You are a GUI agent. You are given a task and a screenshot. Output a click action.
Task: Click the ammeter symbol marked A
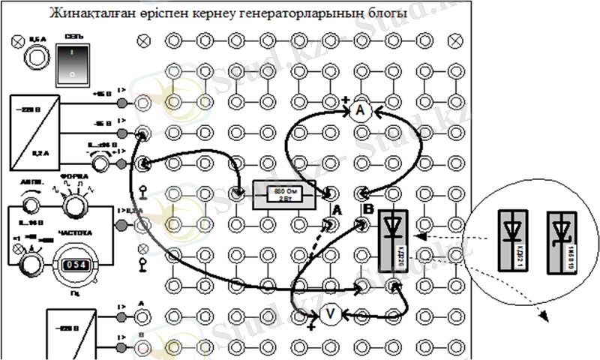coord(359,111)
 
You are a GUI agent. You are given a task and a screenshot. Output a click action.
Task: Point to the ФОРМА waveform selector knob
coord(73,204)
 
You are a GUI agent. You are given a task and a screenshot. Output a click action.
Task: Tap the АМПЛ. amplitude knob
coord(31,203)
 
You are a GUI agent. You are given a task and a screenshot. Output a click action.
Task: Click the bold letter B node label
coord(365,208)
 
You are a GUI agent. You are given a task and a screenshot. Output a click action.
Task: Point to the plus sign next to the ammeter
coord(344,100)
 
